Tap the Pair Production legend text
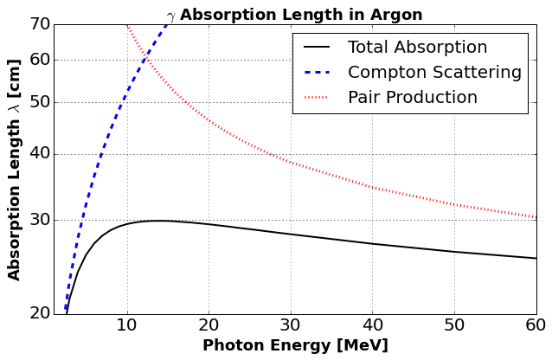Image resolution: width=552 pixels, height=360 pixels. (x=412, y=97)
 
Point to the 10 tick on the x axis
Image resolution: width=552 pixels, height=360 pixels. (x=127, y=325)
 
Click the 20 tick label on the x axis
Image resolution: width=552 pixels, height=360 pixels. (x=209, y=325)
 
